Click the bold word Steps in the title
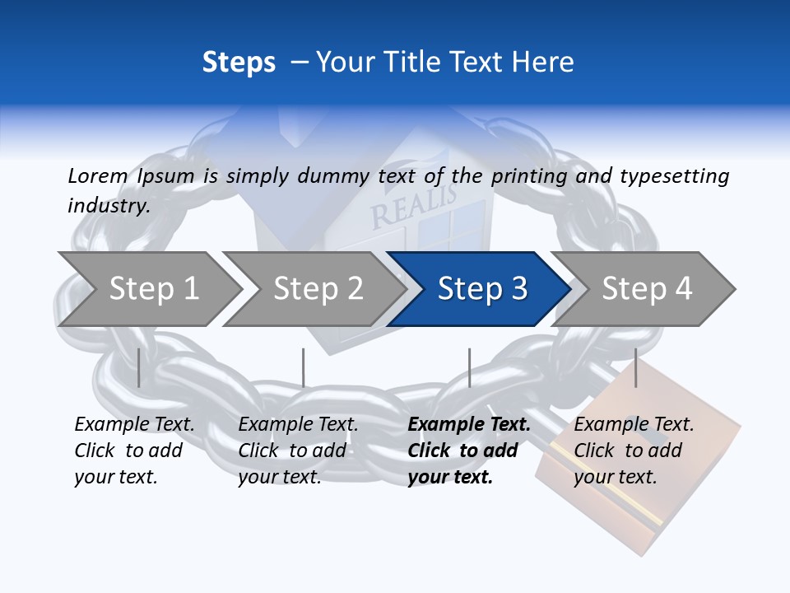[x=239, y=63]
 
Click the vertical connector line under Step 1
[x=139, y=367]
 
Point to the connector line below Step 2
[x=304, y=367]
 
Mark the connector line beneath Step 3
[x=469, y=367]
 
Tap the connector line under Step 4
[x=635, y=367]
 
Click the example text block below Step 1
[x=134, y=451]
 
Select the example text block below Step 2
[x=298, y=451]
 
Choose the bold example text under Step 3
[x=469, y=451]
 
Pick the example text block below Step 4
[x=634, y=451]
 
